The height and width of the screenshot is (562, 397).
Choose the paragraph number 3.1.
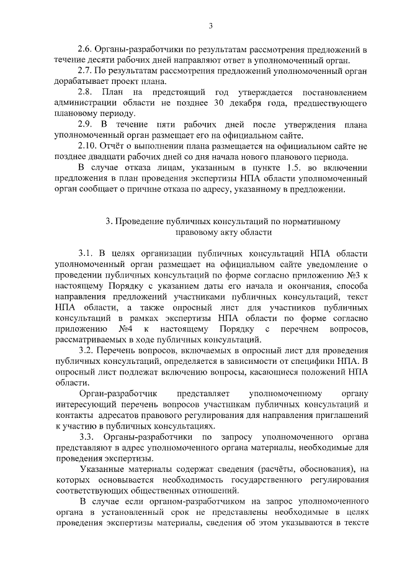pos(86,254)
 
